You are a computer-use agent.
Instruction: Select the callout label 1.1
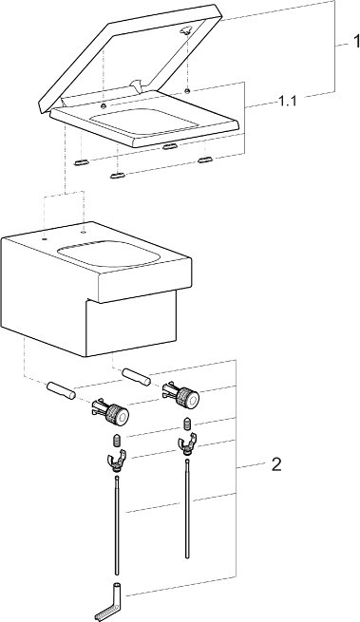(x=287, y=102)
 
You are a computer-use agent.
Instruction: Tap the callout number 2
(x=276, y=464)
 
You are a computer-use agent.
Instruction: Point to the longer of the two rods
(x=116, y=525)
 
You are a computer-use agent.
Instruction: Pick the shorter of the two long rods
(x=186, y=509)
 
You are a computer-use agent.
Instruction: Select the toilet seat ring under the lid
(x=145, y=119)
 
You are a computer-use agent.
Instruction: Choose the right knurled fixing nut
(x=180, y=394)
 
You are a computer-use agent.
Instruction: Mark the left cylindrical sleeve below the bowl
(x=61, y=390)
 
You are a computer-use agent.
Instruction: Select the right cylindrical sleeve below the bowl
(x=136, y=377)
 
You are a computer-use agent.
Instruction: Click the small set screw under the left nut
(x=117, y=441)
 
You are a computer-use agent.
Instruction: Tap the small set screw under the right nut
(x=187, y=423)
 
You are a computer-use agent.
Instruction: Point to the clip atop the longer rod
(x=116, y=461)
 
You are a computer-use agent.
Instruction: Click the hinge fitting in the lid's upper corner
(x=186, y=30)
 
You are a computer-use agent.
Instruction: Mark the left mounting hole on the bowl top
(x=45, y=239)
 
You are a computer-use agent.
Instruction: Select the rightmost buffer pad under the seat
(x=205, y=160)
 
